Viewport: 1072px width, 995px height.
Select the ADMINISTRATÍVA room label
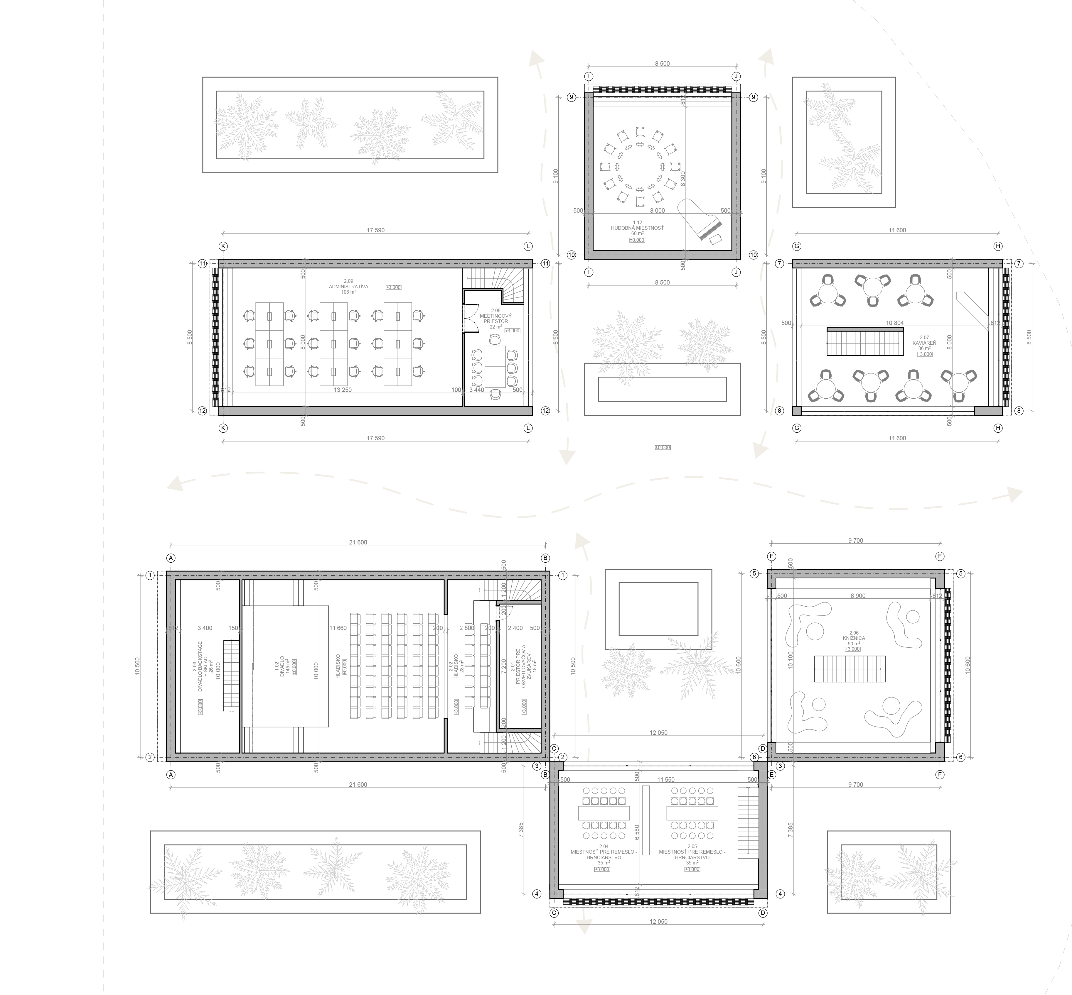[348, 286]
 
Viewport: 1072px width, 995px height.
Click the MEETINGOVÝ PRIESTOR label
[495, 318]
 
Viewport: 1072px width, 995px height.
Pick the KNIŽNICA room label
[854, 638]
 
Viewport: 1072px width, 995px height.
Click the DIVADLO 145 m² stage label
[282, 666]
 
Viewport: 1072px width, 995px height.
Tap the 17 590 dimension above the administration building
[375, 230]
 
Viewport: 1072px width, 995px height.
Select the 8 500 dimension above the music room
[662, 64]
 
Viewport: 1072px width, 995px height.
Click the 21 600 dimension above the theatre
[358, 542]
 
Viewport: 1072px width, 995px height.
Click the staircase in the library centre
[849, 669]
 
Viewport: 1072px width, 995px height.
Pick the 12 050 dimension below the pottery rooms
[658, 922]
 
